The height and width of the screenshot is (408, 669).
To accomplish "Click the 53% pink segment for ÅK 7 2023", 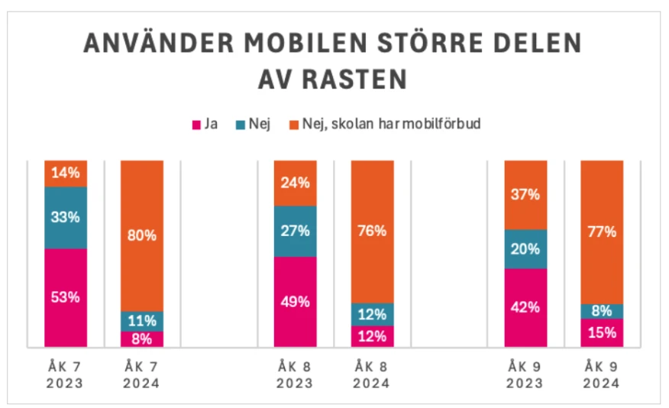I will click(x=66, y=297).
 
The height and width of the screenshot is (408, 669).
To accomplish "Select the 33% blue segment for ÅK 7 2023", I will click(x=66, y=217).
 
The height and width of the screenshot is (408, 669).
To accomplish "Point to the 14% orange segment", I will click(x=66, y=173).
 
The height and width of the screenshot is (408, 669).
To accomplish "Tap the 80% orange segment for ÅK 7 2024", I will click(x=142, y=235).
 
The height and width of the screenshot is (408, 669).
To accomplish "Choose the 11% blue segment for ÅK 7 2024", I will click(x=142, y=321).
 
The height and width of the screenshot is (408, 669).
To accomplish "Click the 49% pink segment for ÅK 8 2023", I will click(x=295, y=301).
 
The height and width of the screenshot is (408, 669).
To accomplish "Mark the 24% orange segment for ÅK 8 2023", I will click(x=295, y=183).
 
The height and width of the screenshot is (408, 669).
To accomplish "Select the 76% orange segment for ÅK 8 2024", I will click(x=372, y=232).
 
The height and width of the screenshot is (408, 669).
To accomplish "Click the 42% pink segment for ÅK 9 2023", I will click(x=525, y=307).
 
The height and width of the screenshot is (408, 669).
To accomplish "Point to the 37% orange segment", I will click(x=525, y=194).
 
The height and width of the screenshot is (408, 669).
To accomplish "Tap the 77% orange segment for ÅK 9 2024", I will click(x=602, y=232).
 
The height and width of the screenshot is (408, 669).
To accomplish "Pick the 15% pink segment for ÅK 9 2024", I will click(x=602, y=332).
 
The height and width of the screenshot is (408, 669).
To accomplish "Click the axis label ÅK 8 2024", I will click(x=372, y=375).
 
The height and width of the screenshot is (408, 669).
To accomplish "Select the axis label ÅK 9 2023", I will click(x=525, y=375).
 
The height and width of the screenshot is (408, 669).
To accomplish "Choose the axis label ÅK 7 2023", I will click(x=66, y=375).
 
